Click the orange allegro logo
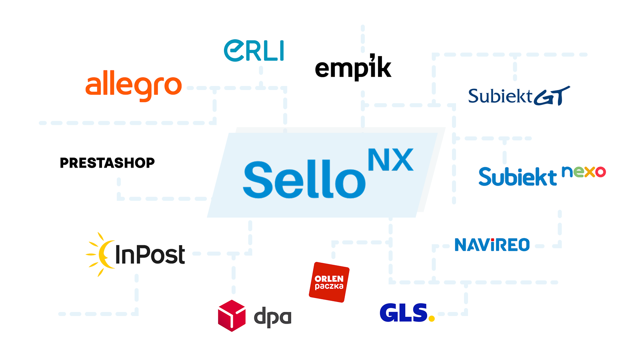(134, 86)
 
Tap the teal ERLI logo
(254, 51)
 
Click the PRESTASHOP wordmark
(107, 163)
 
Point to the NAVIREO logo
(492, 245)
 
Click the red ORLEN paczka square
(329, 282)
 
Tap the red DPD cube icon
(232, 316)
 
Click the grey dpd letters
(272, 317)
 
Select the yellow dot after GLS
(431, 319)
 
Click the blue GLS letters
(403, 313)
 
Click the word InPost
(150, 255)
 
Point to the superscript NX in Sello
(390, 160)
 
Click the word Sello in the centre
(304, 180)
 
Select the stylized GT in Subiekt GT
(552, 96)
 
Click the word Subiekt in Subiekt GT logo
(500, 96)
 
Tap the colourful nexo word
(584, 172)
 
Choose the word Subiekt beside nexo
(518, 177)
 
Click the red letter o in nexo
(600, 172)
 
